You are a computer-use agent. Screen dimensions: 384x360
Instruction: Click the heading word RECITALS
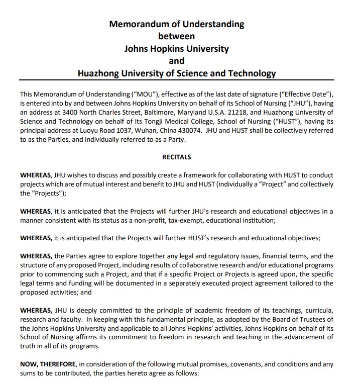tap(176, 157)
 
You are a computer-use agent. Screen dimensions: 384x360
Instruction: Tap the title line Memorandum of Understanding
tap(177, 24)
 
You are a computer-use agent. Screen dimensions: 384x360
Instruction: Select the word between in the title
tap(176, 36)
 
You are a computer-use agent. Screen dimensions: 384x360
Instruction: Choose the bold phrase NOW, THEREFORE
tap(45, 363)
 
